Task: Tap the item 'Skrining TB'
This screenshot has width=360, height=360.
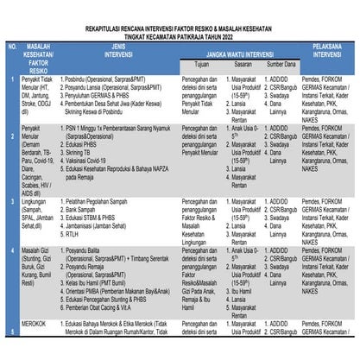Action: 87,153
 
